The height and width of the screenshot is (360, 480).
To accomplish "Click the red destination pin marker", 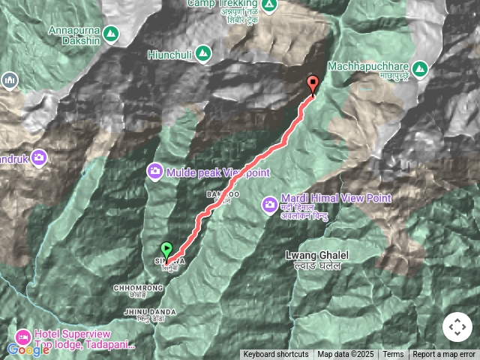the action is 313,85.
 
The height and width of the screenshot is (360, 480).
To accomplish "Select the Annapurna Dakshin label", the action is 73,31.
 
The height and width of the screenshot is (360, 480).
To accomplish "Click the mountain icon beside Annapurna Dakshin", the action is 111,34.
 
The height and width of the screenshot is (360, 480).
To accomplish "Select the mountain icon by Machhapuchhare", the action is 420,68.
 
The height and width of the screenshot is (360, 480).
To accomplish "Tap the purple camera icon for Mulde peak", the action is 155,171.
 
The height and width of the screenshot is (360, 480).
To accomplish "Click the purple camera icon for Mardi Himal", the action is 268,204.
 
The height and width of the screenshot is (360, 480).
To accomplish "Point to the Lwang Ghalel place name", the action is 313,256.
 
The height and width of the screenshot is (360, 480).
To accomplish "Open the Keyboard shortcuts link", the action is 275,354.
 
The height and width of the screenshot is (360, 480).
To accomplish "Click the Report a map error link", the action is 444,354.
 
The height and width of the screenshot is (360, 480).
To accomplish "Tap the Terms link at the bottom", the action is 393,354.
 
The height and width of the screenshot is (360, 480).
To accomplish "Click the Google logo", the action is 28,349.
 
